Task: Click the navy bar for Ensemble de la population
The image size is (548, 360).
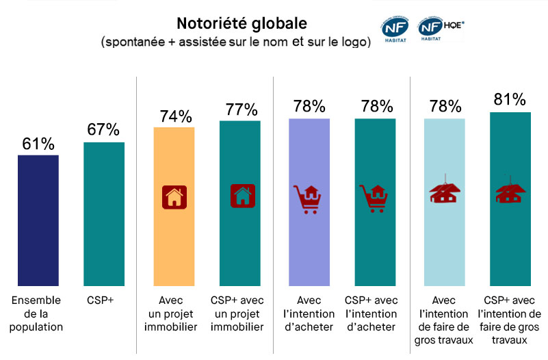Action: (38, 219)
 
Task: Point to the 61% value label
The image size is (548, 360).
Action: (38, 144)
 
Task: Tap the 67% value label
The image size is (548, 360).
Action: (104, 130)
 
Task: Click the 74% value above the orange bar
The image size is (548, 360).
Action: (176, 116)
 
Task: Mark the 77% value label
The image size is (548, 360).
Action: (241, 110)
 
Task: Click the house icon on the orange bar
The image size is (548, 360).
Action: (174, 197)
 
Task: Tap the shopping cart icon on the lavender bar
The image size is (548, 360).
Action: (308, 199)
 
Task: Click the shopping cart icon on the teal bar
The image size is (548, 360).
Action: (374, 199)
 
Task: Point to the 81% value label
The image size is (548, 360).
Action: (510, 100)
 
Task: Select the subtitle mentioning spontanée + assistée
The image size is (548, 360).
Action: (236, 42)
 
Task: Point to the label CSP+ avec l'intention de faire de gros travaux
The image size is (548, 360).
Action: (510, 320)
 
